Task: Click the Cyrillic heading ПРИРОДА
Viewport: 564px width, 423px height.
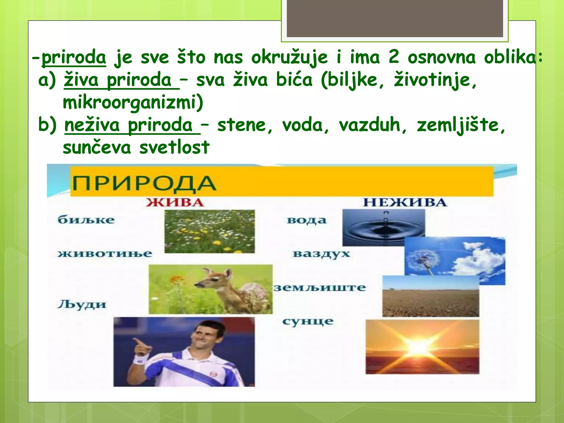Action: (144, 184)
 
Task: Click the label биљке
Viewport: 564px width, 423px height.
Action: (86, 220)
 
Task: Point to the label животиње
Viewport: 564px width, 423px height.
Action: (105, 254)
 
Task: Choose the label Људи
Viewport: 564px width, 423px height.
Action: (82, 305)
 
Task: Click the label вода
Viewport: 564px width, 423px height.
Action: (307, 220)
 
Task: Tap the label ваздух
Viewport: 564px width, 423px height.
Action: (321, 254)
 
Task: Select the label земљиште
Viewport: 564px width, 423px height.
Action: (319, 288)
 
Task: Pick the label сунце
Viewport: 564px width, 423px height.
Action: (308, 321)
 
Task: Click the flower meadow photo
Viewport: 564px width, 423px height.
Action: (210, 231)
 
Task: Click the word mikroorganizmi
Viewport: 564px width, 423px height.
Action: (133, 103)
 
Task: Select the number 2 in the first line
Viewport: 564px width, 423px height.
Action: (394, 58)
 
